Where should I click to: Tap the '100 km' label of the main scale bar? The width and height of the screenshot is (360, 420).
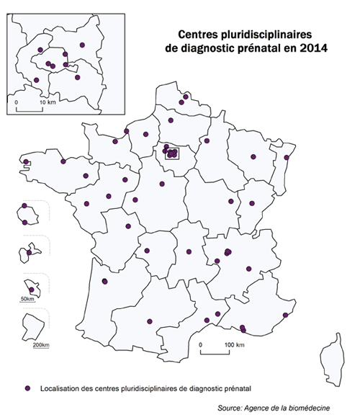point(235,345)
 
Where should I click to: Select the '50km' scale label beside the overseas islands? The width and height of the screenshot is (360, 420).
point(27,298)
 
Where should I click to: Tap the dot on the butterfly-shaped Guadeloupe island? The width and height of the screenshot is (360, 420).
point(30,252)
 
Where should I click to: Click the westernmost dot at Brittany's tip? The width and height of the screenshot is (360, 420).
point(27,161)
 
